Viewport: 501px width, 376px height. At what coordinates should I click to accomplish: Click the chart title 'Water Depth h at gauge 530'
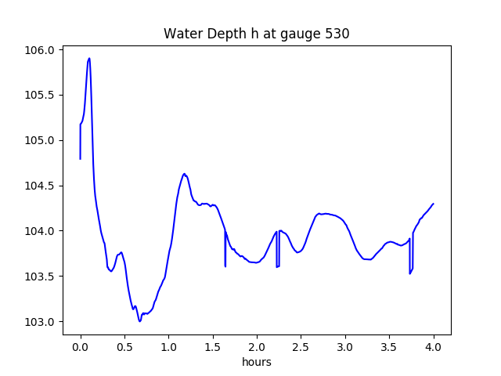click(256, 34)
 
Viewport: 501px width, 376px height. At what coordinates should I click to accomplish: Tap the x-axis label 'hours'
click(256, 362)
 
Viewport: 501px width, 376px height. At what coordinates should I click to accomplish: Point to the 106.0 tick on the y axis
click(42, 50)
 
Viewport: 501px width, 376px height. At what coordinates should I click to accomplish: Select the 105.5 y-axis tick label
click(42, 96)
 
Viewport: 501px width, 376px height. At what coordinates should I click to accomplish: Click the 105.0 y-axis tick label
click(42, 141)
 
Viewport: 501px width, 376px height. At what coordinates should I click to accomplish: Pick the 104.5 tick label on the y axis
click(42, 186)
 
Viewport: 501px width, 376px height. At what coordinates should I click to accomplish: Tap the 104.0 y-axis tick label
click(42, 232)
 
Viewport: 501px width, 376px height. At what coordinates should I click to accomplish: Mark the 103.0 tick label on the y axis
click(42, 322)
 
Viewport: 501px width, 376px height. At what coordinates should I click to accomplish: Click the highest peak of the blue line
click(89, 58)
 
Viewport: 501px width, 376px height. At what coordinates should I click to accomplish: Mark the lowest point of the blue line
click(140, 321)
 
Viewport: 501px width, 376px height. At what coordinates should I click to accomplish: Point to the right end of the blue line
click(433, 204)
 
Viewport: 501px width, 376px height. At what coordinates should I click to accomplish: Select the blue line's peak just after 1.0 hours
click(185, 174)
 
